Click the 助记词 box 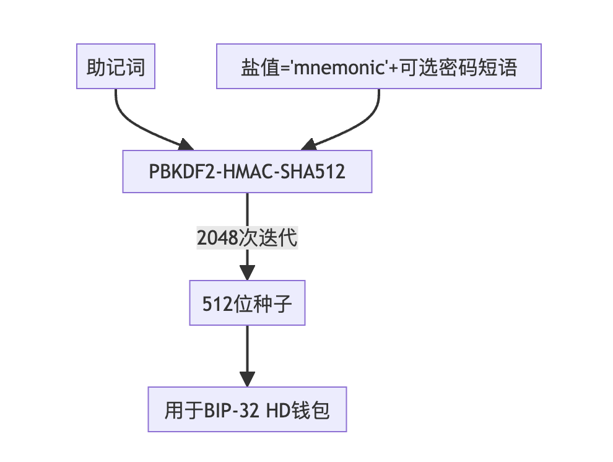[x=116, y=66]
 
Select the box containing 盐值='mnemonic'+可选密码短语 [x=378, y=66]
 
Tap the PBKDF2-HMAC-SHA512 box [x=247, y=172]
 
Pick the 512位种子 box [x=247, y=303]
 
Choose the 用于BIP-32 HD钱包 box [x=247, y=409]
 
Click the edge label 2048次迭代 [x=247, y=237]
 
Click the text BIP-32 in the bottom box [x=230, y=410]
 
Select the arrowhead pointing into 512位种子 [x=247, y=274]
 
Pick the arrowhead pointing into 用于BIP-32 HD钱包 [x=247, y=380]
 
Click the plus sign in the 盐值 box [x=394, y=67]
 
